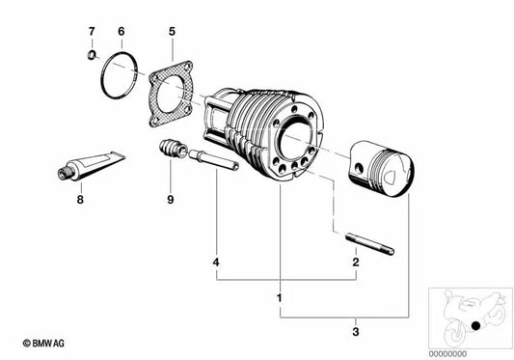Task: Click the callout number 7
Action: tap(92, 32)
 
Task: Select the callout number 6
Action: tap(122, 32)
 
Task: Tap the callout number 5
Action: tap(171, 32)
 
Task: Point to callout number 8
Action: tap(80, 200)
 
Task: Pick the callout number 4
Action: tap(217, 262)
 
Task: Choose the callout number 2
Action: tap(355, 262)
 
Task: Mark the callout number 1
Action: tap(280, 296)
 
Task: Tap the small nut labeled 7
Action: tap(91, 55)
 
